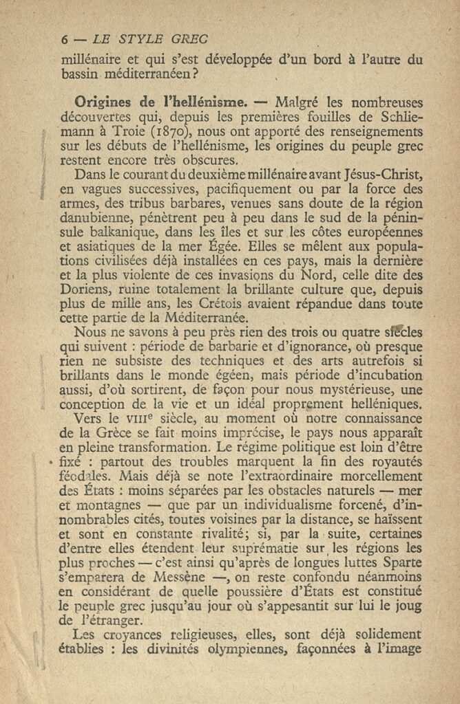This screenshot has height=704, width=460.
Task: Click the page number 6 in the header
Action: point(65,39)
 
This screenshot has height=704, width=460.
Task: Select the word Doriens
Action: point(86,289)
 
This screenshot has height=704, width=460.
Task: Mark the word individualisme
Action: point(272,505)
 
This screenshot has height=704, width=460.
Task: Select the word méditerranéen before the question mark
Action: point(147,73)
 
